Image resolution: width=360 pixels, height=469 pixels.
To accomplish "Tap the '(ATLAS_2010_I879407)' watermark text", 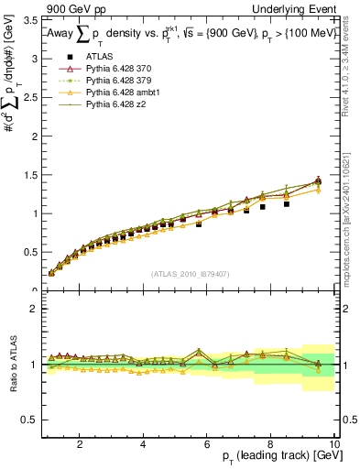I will point(190,274).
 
